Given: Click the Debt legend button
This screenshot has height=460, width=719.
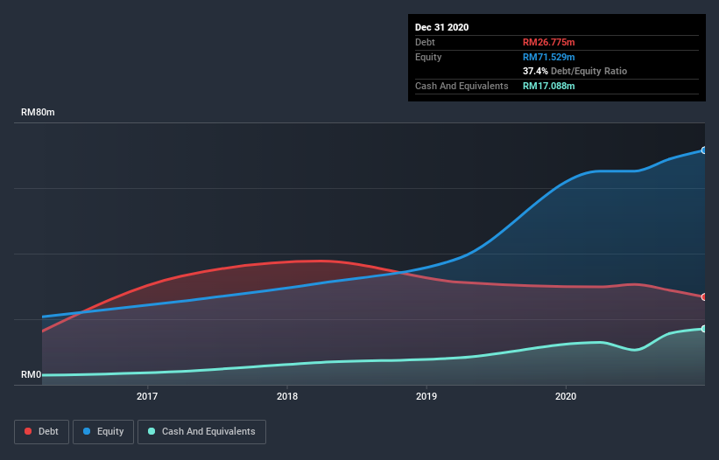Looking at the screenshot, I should click(43, 431).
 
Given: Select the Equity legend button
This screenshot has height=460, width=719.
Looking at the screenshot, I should click(103, 431).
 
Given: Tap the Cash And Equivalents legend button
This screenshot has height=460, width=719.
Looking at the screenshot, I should click(201, 431).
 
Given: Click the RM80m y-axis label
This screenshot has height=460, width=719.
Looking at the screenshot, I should click(39, 113).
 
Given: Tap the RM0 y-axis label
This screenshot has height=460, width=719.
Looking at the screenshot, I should click(31, 374).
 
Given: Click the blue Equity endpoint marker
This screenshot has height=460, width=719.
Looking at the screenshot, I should click(703, 150).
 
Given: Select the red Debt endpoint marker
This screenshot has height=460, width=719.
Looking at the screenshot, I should click(703, 297).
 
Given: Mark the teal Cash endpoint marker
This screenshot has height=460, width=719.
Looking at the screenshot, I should click(703, 329).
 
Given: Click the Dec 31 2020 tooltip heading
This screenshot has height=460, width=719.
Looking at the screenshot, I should click(442, 27).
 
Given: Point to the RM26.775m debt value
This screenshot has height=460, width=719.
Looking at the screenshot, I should click(549, 42).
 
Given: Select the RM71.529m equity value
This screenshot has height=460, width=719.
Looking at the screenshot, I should click(549, 57).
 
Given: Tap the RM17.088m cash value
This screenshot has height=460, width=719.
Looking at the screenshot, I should click(549, 86).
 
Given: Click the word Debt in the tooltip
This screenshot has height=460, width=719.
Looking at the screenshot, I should click(425, 42).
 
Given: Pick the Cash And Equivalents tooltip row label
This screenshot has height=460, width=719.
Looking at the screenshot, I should click(462, 86).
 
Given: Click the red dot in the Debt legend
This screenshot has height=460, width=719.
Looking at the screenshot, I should click(29, 431).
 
